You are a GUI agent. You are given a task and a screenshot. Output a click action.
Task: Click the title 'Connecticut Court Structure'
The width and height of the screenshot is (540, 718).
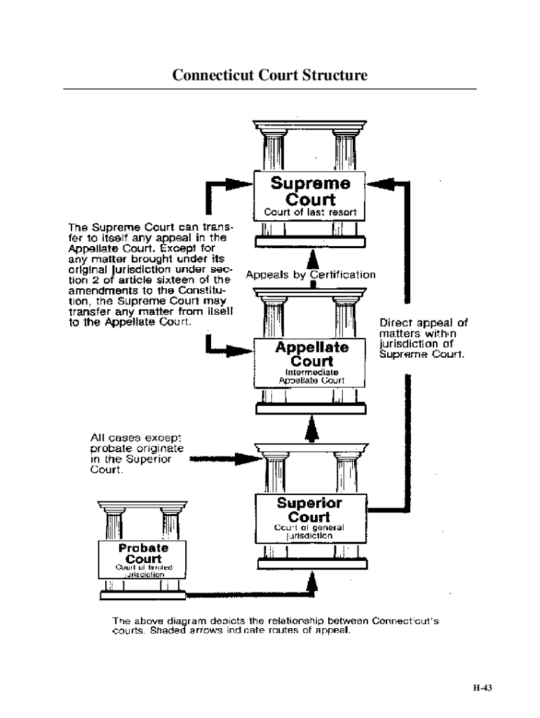point(270,74)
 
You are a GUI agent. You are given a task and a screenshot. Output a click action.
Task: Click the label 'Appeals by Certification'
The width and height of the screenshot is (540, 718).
point(311,275)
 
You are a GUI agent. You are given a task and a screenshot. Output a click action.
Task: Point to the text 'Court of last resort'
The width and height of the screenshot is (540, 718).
point(310,212)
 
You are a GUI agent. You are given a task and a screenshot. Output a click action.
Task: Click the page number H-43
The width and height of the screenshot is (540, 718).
point(482,688)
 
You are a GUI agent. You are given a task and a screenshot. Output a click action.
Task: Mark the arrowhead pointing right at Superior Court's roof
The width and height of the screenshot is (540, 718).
point(247,460)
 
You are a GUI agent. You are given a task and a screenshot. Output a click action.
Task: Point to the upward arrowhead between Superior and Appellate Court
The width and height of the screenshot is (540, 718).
point(313,430)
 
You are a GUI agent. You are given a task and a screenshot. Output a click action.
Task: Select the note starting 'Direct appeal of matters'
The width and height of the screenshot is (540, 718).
point(423,339)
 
